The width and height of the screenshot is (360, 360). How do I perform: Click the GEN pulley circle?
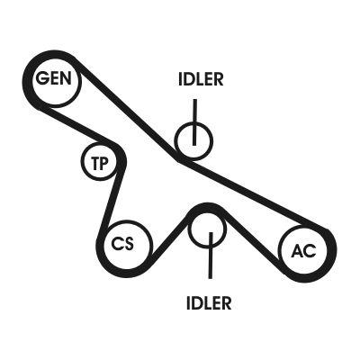51,79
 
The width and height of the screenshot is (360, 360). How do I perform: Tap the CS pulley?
124,243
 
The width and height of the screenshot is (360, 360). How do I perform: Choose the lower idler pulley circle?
209,228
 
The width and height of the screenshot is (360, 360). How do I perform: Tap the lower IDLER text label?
209,302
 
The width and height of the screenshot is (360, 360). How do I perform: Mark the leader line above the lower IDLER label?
210,261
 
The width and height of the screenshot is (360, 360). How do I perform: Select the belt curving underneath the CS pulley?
124,270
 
